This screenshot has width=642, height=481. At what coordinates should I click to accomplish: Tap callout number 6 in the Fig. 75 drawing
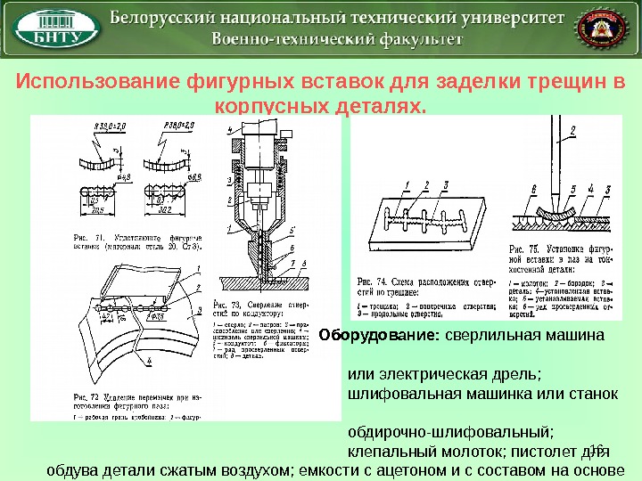533,190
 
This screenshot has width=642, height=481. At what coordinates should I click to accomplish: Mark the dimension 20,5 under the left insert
100,209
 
